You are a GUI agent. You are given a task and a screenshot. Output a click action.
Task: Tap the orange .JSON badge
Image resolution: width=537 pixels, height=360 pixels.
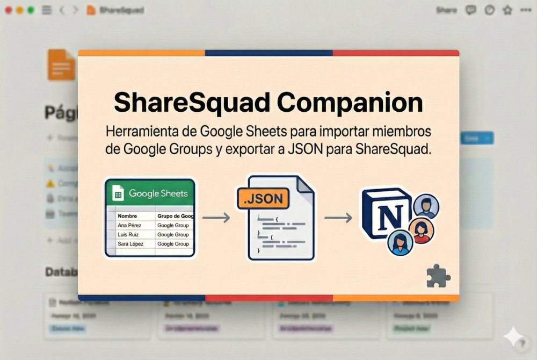click(263, 199)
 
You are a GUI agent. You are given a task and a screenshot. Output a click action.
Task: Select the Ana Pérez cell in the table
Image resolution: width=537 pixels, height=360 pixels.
click(130, 226)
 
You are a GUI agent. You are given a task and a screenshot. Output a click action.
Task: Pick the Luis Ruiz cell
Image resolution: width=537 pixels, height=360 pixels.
click(129, 235)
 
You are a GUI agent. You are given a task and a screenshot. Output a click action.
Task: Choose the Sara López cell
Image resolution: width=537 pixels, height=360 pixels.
click(131, 244)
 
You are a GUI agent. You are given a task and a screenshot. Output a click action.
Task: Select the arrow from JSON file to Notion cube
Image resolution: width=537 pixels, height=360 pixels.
click(338, 218)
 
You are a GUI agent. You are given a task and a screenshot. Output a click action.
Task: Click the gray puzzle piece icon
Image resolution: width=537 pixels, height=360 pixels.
click(438, 276)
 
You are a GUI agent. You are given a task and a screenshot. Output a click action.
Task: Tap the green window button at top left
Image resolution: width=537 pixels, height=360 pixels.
click(30, 10)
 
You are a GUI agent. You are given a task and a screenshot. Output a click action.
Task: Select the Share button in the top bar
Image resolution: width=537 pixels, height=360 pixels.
click(446, 10)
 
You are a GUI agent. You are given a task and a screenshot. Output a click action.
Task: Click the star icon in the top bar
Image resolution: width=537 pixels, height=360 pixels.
click(507, 10)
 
